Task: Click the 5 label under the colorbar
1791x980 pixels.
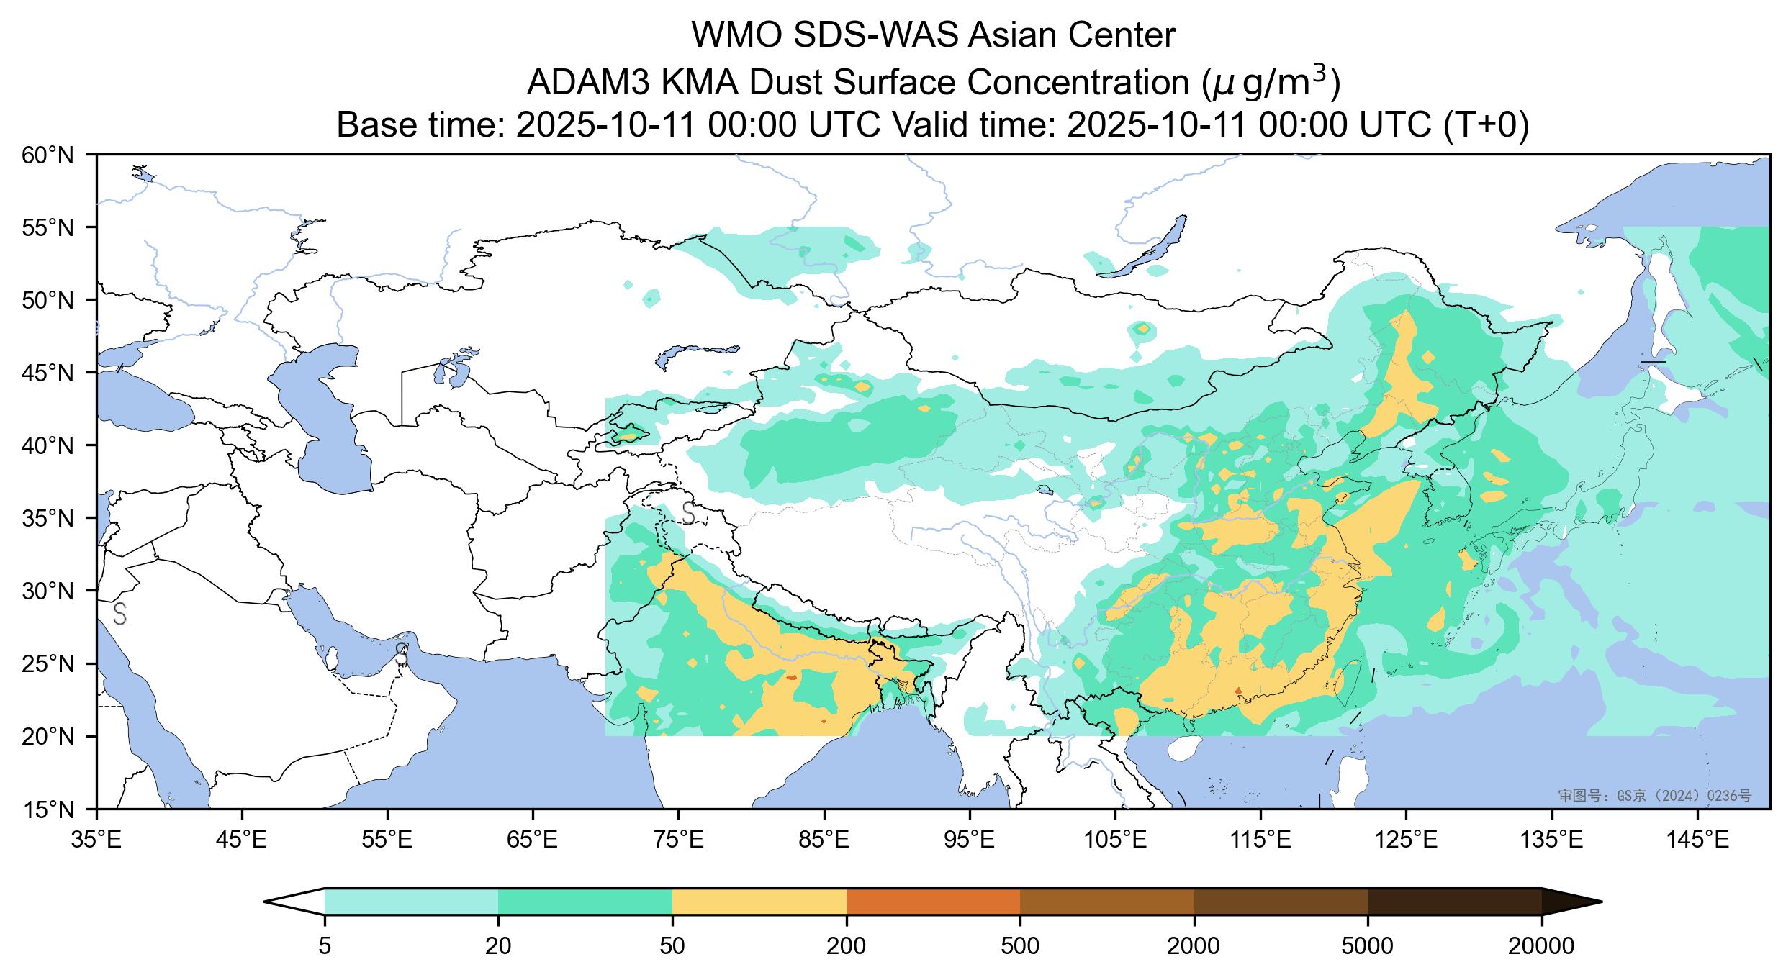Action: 325,945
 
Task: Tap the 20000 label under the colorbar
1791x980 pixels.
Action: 1541,945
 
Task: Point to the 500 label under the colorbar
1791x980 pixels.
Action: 1020,945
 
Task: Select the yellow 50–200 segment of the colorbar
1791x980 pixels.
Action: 759,902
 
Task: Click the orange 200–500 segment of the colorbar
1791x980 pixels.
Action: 933,902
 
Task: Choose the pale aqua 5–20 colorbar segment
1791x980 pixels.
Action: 411,902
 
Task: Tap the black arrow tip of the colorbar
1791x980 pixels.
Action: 1569,902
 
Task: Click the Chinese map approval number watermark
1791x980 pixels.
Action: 1654,795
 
